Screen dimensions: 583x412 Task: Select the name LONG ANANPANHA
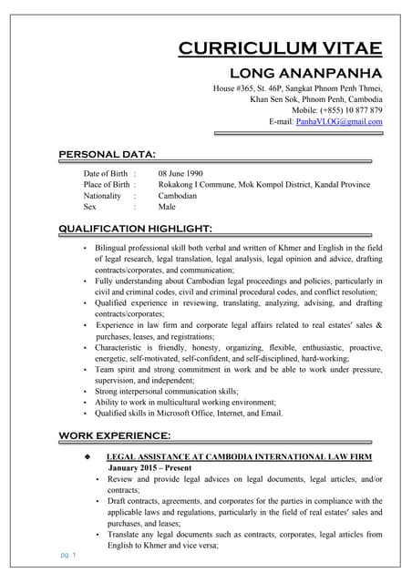pyautogui.click(x=304, y=72)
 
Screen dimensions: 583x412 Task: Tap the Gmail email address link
pyautogui.click(x=339, y=121)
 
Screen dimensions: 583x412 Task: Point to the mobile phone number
pyautogui.click(x=350, y=110)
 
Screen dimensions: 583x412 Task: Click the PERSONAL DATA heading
pyautogui.click(x=107, y=153)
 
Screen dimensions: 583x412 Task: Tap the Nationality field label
pyautogui.click(x=102, y=195)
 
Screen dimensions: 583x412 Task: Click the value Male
pyautogui.click(x=167, y=207)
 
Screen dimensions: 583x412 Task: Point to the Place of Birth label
pyautogui.click(x=107, y=184)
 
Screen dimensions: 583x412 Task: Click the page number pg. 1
pyautogui.click(x=67, y=555)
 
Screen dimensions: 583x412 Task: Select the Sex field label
pyautogui.click(x=90, y=207)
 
